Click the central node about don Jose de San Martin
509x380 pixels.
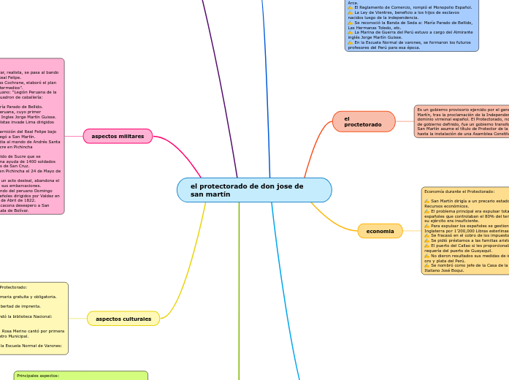click(x=253, y=190)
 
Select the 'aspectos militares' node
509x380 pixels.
click(x=118, y=136)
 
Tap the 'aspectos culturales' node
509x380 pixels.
click(x=123, y=319)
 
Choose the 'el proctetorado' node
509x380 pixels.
click(x=363, y=121)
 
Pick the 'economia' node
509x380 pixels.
click(x=380, y=231)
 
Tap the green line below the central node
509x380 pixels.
click(x=239, y=292)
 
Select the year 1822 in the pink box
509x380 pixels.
click(x=43, y=199)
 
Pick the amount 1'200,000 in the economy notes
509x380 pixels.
click(x=456, y=230)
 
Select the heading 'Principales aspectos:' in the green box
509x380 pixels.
click(x=38, y=376)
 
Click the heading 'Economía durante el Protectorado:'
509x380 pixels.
click(x=459, y=191)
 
